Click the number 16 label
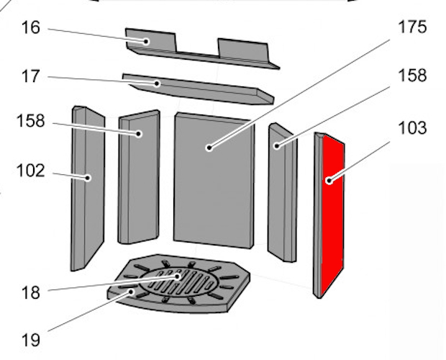pyautogui.click(x=31, y=28)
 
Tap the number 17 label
pyautogui.click(x=30, y=76)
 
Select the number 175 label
pyautogui.click(x=412, y=27)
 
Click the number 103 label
pyautogui.click(x=413, y=127)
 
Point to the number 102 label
pyautogui.click(x=31, y=171)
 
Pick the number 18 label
pyautogui.click(x=30, y=292)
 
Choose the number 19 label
pyautogui.click(x=30, y=340)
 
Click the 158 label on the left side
pyautogui.click(x=31, y=121)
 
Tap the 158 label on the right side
pyautogui.click(x=413, y=76)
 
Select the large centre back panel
pyautogui.click(x=214, y=180)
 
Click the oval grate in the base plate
pyautogui.click(x=179, y=282)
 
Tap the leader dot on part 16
pyautogui.click(x=146, y=42)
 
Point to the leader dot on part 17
pyautogui.click(x=157, y=84)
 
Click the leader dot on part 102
pyautogui.click(x=88, y=178)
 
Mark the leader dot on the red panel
pyautogui.click(x=329, y=181)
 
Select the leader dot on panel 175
pyautogui.click(x=209, y=148)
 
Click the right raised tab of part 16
pyautogui.click(x=243, y=50)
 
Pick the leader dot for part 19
pyautogui.click(x=131, y=292)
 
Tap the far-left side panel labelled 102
pyautogui.click(x=88, y=189)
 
